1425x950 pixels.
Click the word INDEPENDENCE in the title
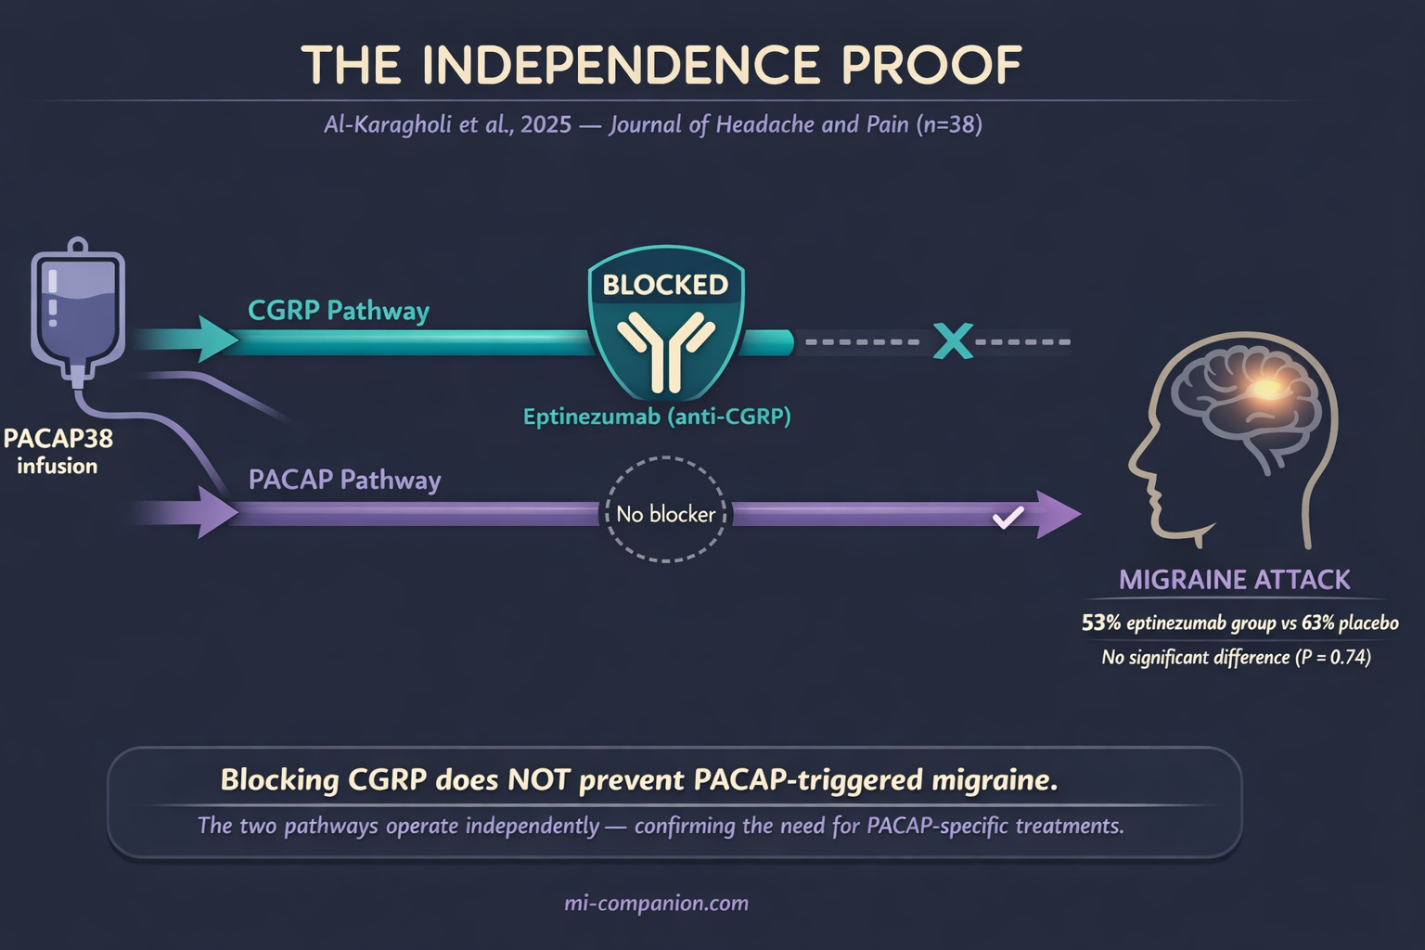point(622,65)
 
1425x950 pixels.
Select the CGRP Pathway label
point(338,311)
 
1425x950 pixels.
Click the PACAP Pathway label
point(344,480)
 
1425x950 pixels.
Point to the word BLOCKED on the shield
point(665,285)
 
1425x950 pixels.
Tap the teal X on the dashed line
point(953,341)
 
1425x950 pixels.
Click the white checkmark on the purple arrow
point(1008,517)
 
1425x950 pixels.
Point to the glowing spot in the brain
point(1268,387)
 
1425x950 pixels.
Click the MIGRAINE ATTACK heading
point(1234,580)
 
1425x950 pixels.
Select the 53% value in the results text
point(1100,623)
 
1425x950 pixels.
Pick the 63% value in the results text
point(1317,623)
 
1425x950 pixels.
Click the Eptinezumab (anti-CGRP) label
point(657,417)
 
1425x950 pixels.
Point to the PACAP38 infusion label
point(58,451)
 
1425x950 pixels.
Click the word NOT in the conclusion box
point(538,779)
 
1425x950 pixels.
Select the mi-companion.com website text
point(656,903)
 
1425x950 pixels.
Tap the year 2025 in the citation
point(546,124)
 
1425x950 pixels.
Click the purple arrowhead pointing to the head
point(1058,514)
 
